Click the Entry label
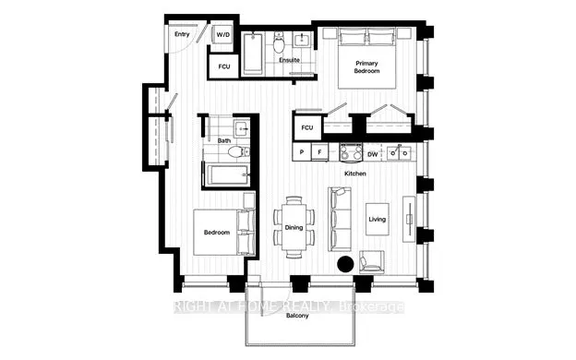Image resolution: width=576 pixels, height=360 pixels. [x=182, y=34]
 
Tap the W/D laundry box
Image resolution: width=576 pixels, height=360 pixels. [x=223, y=35]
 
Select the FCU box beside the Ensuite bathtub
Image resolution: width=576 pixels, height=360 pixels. [x=223, y=67]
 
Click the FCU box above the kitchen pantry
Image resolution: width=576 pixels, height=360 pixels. [x=307, y=126]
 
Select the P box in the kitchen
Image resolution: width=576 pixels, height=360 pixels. [x=301, y=151]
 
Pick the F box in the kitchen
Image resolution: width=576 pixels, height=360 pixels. [x=319, y=151]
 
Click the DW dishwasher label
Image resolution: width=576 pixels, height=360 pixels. [x=371, y=152]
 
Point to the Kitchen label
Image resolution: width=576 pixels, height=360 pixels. [x=356, y=174]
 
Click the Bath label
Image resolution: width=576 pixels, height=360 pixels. [x=223, y=141]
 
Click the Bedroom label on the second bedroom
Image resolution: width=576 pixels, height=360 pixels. [x=216, y=233]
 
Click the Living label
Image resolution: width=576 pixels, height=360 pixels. [x=377, y=220]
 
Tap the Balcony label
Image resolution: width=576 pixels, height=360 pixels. [x=296, y=316]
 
